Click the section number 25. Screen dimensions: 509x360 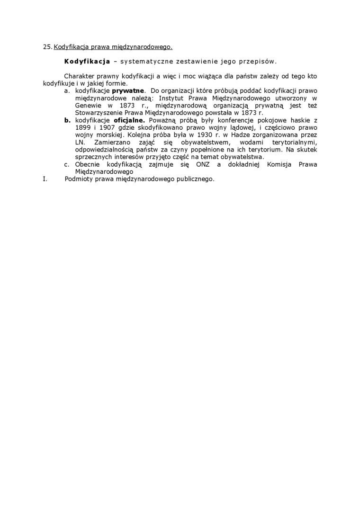pyautogui.click(x=47, y=47)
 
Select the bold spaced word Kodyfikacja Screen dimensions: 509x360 pyautogui.click(x=87, y=62)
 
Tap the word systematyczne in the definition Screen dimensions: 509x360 pyautogui.click(x=142, y=62)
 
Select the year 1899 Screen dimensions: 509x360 pyautogui.click(x=83, y=128)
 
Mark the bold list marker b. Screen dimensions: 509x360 pyautogui.click(x=67, y=120)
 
